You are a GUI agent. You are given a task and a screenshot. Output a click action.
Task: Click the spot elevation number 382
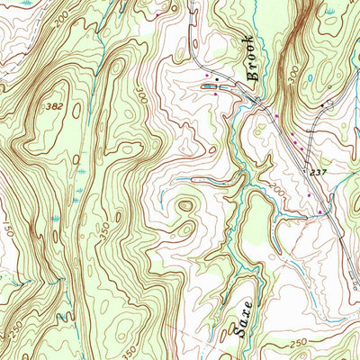[x=54, y=106]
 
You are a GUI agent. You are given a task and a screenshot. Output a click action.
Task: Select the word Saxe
[x=238, y=317]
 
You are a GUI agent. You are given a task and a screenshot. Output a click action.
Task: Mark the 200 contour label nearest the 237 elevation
[x=277, y=192]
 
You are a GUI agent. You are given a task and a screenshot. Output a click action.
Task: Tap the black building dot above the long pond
[x=216, y=79]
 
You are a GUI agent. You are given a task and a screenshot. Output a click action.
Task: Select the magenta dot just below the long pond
[x=216, y=93]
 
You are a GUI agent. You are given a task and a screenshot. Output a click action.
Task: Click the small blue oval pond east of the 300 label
[x=309, y=77]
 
